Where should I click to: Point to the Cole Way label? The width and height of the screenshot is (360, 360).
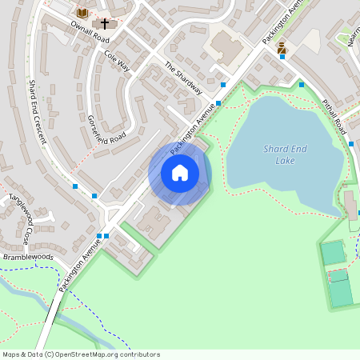(117, 61)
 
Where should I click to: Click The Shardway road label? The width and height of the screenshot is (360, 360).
(183, 78)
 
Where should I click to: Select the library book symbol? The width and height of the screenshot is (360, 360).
(82, 13)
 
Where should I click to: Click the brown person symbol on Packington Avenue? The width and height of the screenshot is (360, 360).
(282, 49)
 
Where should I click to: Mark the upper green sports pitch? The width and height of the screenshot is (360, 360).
(333, 253)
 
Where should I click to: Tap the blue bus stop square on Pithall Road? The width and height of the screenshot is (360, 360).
(351, 144)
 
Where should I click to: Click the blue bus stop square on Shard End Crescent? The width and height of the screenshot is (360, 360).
(75, 186)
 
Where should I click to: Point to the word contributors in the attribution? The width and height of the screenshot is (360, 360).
(140, 354)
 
